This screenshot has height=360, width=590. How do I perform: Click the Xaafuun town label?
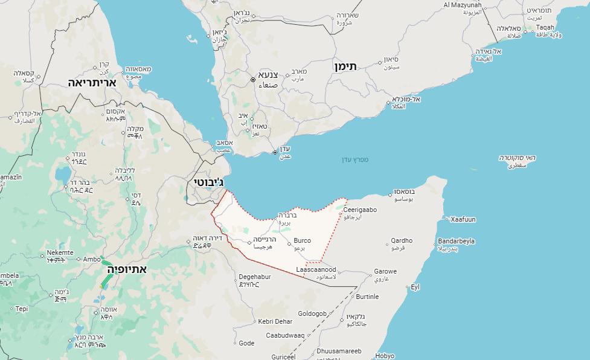click(463, 219)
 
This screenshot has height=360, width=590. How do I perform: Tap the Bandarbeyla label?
click(456, 241)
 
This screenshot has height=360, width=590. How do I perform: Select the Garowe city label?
click(385, 271)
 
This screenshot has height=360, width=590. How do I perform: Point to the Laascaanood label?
click(316, 270)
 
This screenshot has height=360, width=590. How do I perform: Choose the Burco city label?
click(302, 240)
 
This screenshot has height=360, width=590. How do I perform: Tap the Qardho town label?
click(402, 240)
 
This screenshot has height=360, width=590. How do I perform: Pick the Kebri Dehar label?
click(275, 321)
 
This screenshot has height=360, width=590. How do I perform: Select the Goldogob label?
click(312, 313)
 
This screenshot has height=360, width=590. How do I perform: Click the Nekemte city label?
click(60, 252)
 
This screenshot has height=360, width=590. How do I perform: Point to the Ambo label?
click(92, 259)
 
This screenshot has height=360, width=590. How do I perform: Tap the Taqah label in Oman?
click(545, 27)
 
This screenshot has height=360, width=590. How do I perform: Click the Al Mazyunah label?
click(463, 5)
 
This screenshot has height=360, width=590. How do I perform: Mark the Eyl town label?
click(415, 287)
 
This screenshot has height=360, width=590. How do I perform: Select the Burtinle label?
click(367, 297)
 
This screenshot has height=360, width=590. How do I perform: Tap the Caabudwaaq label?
click(285, 335)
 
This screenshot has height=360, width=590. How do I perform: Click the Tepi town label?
click(22, 309)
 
